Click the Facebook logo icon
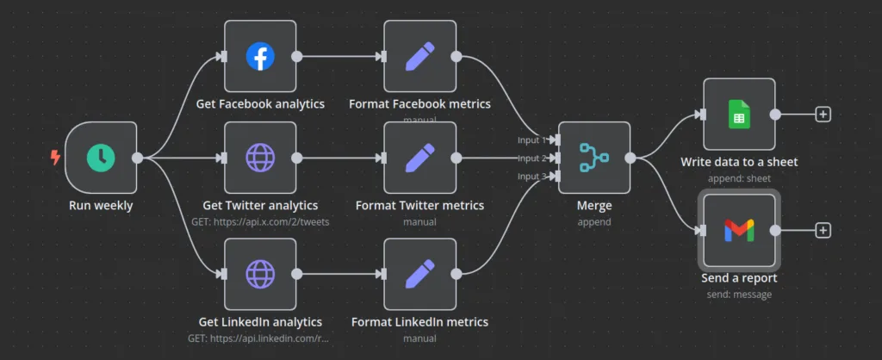pyautogui.click(x=259, y=57)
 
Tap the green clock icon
pyautogui.click(x=101, y=158)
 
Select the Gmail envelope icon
pyautogui.click(x=739, y=230)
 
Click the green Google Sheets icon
pyautogui.click(x=739, y=114)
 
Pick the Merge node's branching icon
pyautogui.click(x=593, y=158)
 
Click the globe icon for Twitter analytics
pyautogui.click(x=259, y=158)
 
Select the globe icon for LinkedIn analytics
pyautogui.click(x=259, y=275)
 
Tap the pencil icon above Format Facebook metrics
pyautogui.click(x=419, y=57)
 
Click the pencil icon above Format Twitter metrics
pyautogui.click(x=419, y=158)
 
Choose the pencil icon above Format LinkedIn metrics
pyautogui.click(x=419, y=275)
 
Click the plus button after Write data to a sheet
pyautogui.click(x=823, y=114)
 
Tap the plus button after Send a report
pyautogui.click(x=823, y=230)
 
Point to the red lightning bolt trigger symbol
pyautogui.click(x=56, y=158)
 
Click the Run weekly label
pyautogui.click(x=101, y=206)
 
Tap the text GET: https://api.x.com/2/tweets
pyautogui.click(x=260, y=221)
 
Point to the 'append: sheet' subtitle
pyautogui.click(x=739, y=178)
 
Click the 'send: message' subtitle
pyautogui.click(x=739, y=295)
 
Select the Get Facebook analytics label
pyautogui.click(x=260, y=104)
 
